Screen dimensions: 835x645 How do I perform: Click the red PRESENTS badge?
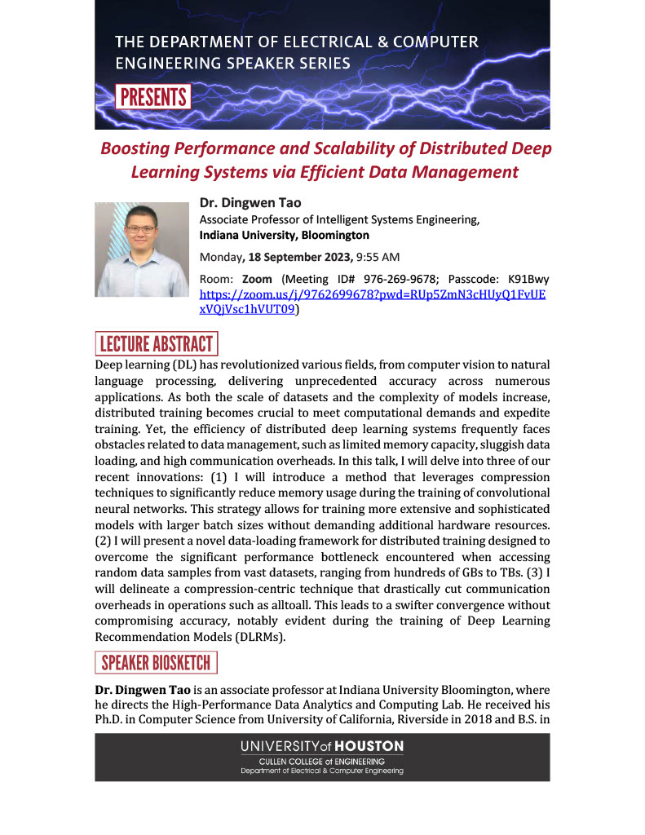153,97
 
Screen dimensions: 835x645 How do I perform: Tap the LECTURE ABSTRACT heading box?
156,343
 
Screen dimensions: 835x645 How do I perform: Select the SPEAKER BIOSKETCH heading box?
157,662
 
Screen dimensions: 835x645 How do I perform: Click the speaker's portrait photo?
142,249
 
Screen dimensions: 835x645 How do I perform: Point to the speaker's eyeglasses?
141,230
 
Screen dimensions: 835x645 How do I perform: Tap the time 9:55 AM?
378,257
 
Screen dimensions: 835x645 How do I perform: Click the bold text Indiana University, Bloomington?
284,235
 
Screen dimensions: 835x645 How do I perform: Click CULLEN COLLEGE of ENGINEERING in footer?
322,762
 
